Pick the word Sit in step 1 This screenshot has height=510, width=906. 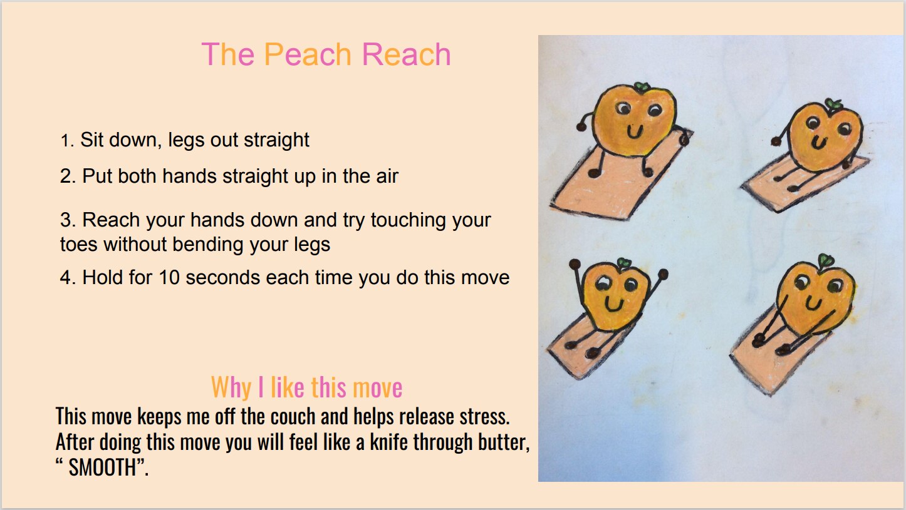coord(92,140)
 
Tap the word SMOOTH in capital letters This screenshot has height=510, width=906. coord(103,468)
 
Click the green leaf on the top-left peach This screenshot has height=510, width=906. coord(641,86)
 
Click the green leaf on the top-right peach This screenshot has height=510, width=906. coord(833,103)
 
